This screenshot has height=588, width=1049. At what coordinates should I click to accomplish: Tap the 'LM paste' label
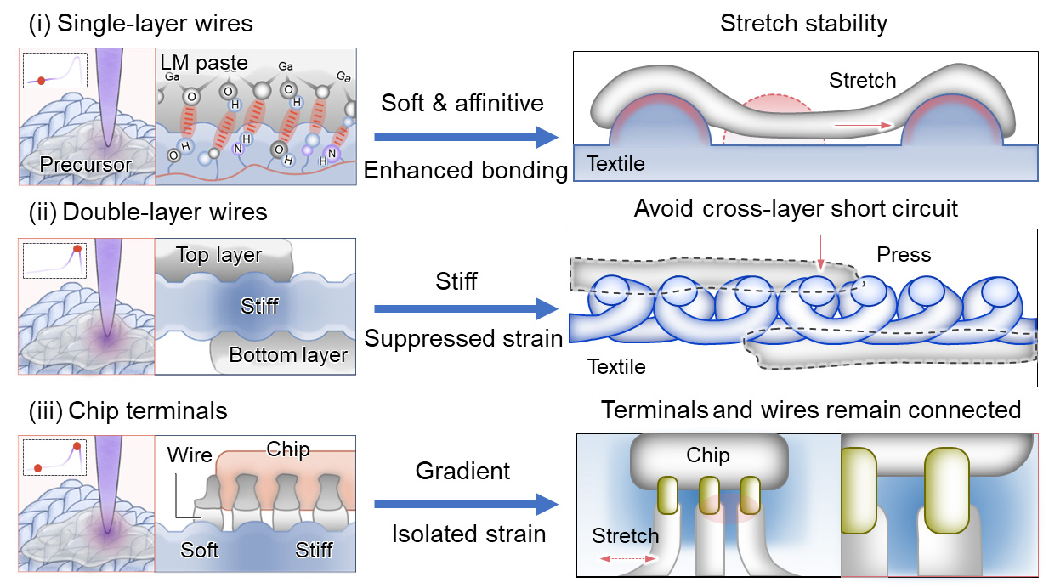pyautogui.click(x=204, y=62)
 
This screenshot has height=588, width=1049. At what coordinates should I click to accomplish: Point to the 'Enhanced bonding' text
pyautogui.click(x=465, y=170)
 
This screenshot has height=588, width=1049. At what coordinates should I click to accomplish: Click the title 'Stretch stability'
pyautogui.click(x=803, y=24)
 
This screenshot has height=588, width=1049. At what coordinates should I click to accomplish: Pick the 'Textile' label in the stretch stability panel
pyautogui.click(x=615, y=164)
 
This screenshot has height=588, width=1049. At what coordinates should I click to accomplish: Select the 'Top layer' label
pyautogui.click(x=219, y=255)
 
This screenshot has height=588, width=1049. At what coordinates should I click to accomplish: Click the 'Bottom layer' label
pyautogui.click(x=289, y=354)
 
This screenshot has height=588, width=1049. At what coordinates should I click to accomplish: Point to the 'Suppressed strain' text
pyautogui.click(x=464, y=338)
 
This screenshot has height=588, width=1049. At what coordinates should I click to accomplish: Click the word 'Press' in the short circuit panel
pyautogui.click(x=904, y=255)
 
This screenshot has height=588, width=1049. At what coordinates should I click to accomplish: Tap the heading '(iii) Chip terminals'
pyautogui.click(x=128, y=411)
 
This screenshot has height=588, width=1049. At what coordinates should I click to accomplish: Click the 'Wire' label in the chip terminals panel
pyautogui.click(x=190, y=455)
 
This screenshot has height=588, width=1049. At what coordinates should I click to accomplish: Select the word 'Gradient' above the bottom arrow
pyautogui.click(x=462, y=471)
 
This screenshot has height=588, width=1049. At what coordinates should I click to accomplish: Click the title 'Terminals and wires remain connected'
pyautogui.click(x=811, y=410)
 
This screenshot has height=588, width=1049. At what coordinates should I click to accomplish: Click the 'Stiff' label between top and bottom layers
pyautogui.click(x=259, y=305)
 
